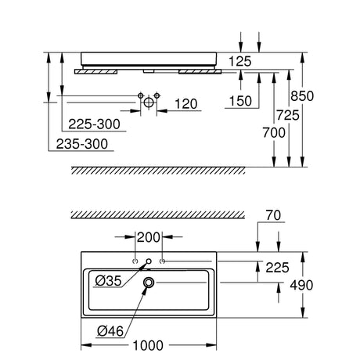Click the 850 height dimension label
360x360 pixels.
[x=302, y=96]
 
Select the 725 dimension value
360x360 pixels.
[x=288, y=115]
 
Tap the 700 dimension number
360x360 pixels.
[x=274, y=133]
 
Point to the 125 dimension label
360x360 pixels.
[x=239, y=62]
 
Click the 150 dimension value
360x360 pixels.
[x=240, y=101]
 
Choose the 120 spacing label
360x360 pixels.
[x=185, y=104]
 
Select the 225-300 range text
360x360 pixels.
[x=94, y=124]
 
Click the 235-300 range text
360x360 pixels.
[x=82, y=144]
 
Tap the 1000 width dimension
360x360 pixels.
[x=148, y=346]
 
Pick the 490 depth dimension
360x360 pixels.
[x=301, y=285]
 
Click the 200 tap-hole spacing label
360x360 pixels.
[x=149, y=238]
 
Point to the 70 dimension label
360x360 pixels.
[x=273, y=215]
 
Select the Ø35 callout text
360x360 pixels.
[x=109, y=281]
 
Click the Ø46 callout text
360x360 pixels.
[x=110, y=331]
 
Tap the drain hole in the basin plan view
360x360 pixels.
[x=149, y=283]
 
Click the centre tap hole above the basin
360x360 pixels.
[x=149, y=261]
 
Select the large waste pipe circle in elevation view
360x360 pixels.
[x=149, y=103]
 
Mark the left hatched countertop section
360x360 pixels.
[x=96, y=72]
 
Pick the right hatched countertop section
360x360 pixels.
[x=200, y=72]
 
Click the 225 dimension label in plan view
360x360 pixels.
[x=277, y=268]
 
